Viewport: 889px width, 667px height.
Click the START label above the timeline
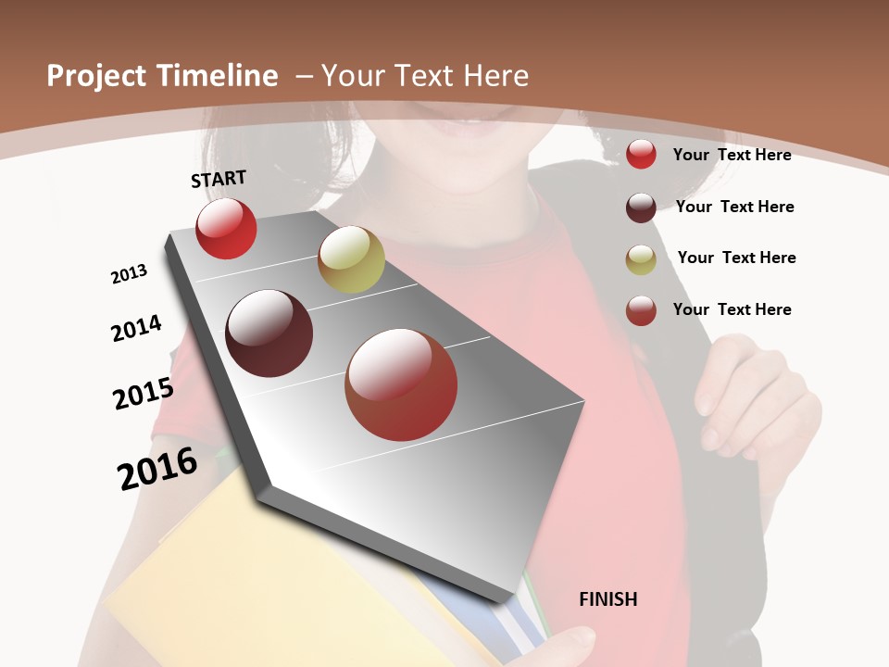click(219, 179)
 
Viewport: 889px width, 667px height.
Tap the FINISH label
click(608, 599)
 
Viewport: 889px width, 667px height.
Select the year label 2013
click(129, 274)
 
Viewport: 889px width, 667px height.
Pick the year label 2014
click(136, 328)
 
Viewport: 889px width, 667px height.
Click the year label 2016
click(157, 469)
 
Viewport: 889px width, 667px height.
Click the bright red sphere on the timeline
click(226, 228)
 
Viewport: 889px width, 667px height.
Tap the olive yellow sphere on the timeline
click(351, 259)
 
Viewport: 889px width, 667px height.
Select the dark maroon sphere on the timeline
click(269, 333)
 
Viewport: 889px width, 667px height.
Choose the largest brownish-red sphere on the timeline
click(401, 384)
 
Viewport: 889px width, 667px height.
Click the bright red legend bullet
click(641, 154)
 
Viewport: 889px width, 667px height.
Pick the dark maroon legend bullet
click(641, 207)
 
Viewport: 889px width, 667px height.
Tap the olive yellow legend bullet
click(641, 258)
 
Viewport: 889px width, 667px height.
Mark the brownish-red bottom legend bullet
click(641, 309)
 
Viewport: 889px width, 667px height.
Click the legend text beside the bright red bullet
click(732, 155)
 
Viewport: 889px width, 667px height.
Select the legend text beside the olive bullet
click(736, 258)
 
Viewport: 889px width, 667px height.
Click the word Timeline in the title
click(218, 76)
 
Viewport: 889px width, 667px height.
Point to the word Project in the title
click(97, 76)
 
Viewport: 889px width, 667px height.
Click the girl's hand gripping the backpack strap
click(750, 398)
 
